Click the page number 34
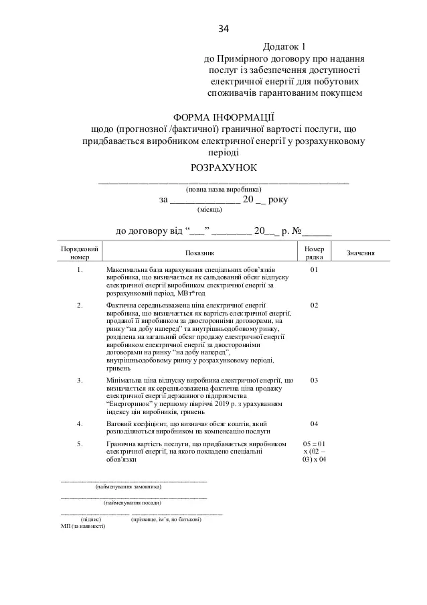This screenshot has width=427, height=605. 224,29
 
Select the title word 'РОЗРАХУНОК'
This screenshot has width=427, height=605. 223,167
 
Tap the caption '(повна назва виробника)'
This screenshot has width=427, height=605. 224,190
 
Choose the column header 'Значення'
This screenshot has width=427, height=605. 359,254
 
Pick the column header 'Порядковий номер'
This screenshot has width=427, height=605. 79,252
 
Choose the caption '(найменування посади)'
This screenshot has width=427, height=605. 132,502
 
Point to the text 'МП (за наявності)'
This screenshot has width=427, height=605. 82,526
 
